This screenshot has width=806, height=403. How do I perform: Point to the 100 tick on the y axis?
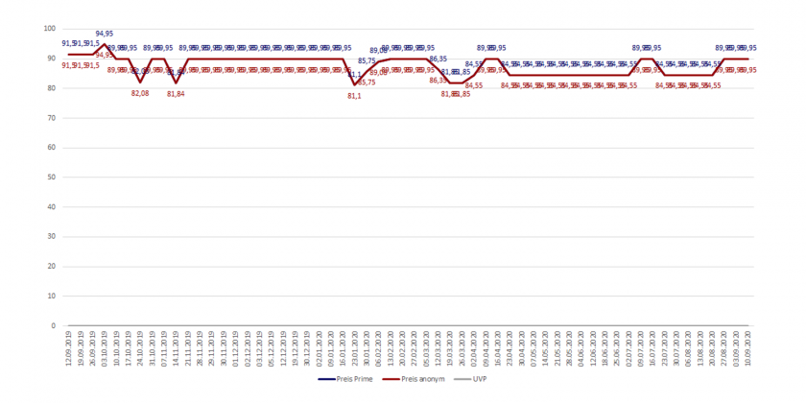[x=50, y=29]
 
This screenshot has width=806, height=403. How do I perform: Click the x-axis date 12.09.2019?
[x=68, y=348]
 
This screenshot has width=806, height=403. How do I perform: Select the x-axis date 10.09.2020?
[x=748, y=348]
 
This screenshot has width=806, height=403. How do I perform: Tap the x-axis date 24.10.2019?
[x=140, y=348]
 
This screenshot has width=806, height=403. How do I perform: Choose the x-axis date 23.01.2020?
[x=356, y=348]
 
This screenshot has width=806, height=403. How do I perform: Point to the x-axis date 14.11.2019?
[x=176, y=348]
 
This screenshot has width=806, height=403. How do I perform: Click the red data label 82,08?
[x=140, y=93]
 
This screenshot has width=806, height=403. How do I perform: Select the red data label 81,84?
[x=176, y=94]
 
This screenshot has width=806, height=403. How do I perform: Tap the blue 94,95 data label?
[x=104, y=35]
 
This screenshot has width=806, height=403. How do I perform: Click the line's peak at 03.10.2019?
[x=104, y=44]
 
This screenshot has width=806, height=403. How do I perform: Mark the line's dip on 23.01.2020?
[x=356, y=85]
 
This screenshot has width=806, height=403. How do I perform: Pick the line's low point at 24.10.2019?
[x=140, y=83]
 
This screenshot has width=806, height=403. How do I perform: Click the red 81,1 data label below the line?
[x=355, y=96]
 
